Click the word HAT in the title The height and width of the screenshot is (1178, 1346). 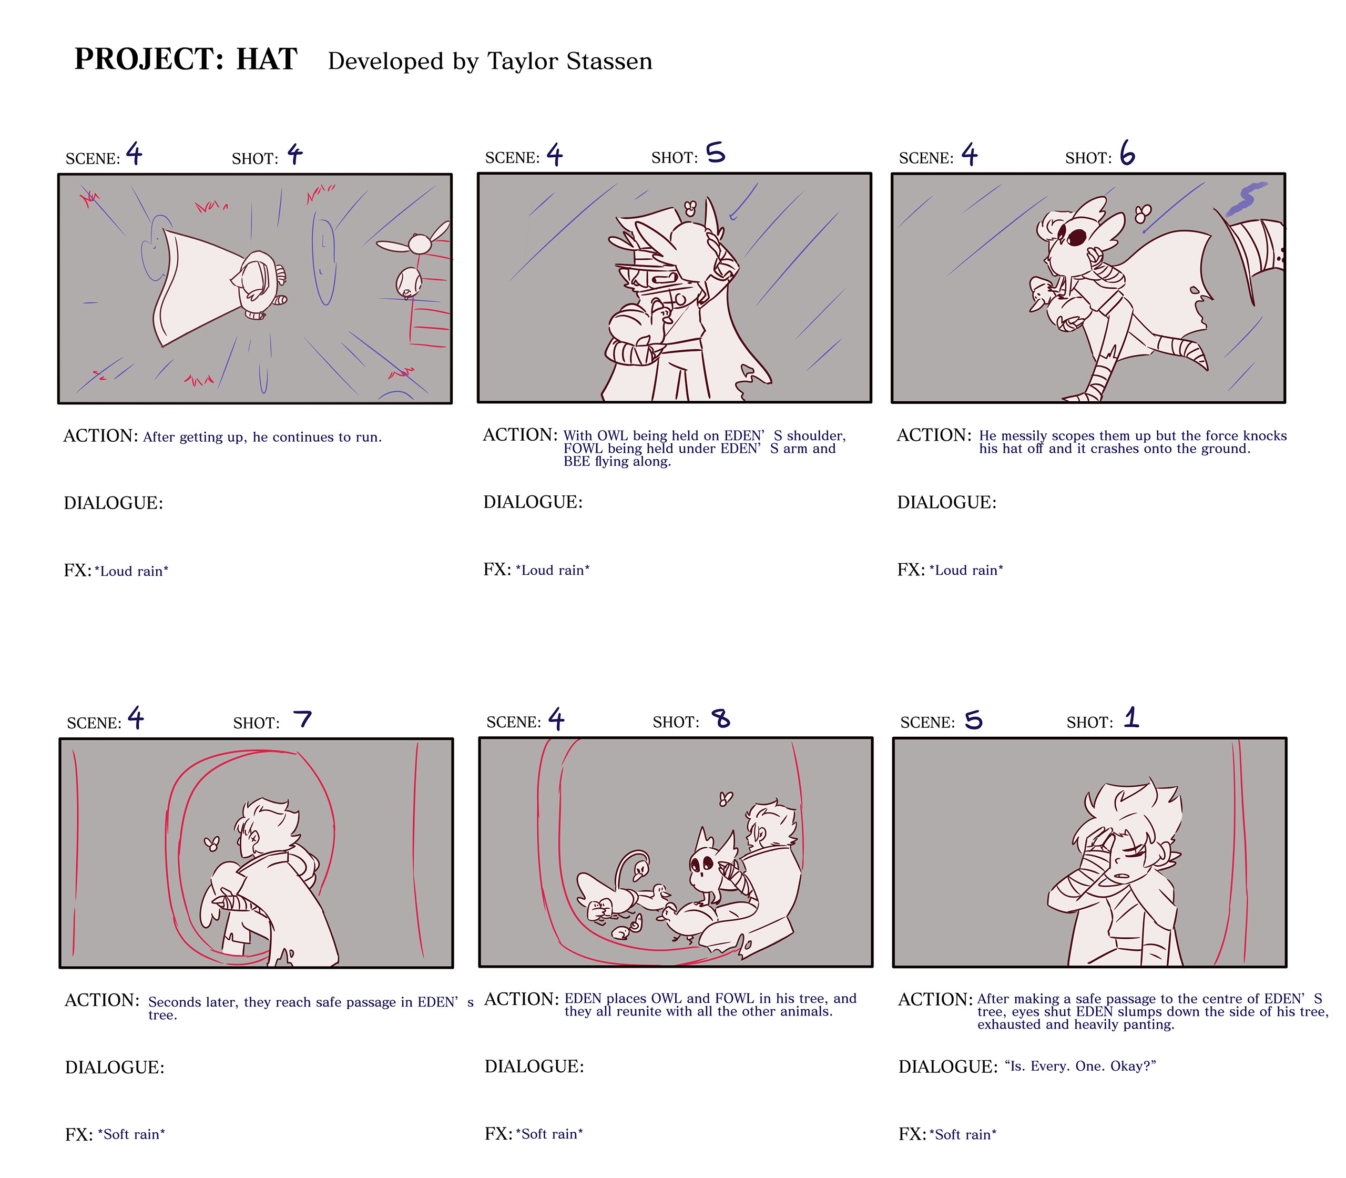point(267,59)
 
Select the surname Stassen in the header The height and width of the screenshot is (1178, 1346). point(609,61)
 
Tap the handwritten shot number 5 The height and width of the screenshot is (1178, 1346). point(716,153)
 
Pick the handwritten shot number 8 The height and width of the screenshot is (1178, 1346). point(721,718)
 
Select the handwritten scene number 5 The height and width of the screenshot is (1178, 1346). point(973,720)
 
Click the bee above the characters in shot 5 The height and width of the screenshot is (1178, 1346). point(690,208)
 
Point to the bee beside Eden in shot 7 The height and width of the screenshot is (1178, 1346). point(211,844)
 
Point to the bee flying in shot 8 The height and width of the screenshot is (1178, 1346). point(726,799)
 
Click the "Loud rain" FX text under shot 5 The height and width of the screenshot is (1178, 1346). point(553,570)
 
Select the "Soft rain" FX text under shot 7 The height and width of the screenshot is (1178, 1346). point(131,1134)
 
